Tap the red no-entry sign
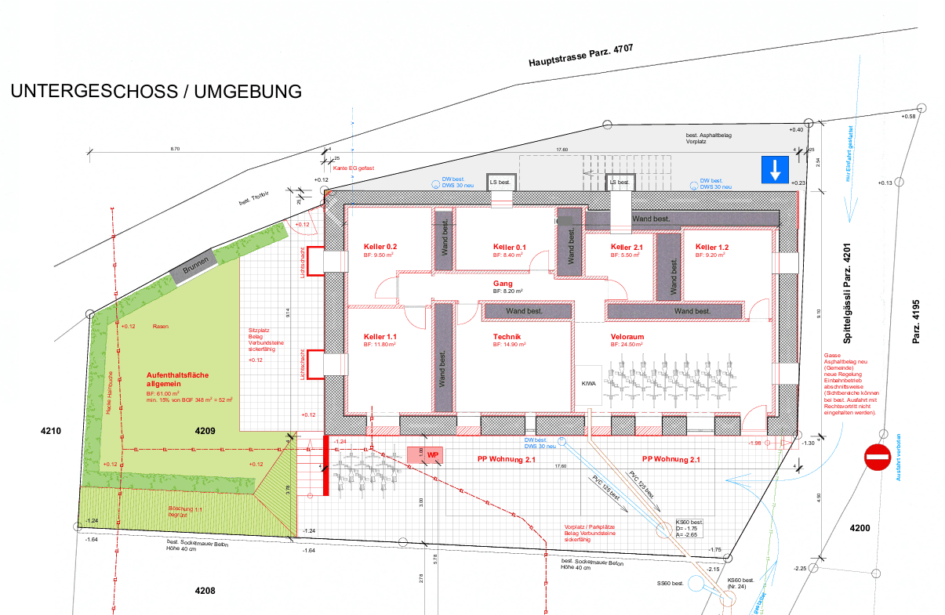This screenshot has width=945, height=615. pos(877,457)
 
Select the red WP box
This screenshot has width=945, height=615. pos(431,454)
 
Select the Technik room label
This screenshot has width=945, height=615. pos(507,337)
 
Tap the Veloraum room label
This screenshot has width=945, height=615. pos(627,337)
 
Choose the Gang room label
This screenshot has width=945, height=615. pos(503,283)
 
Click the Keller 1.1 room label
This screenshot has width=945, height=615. pos(380,337)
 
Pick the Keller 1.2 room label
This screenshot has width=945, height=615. pos(712,247)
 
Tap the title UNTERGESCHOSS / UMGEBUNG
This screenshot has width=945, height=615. pos(156,92)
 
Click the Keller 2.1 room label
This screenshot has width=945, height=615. pos(627,247)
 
